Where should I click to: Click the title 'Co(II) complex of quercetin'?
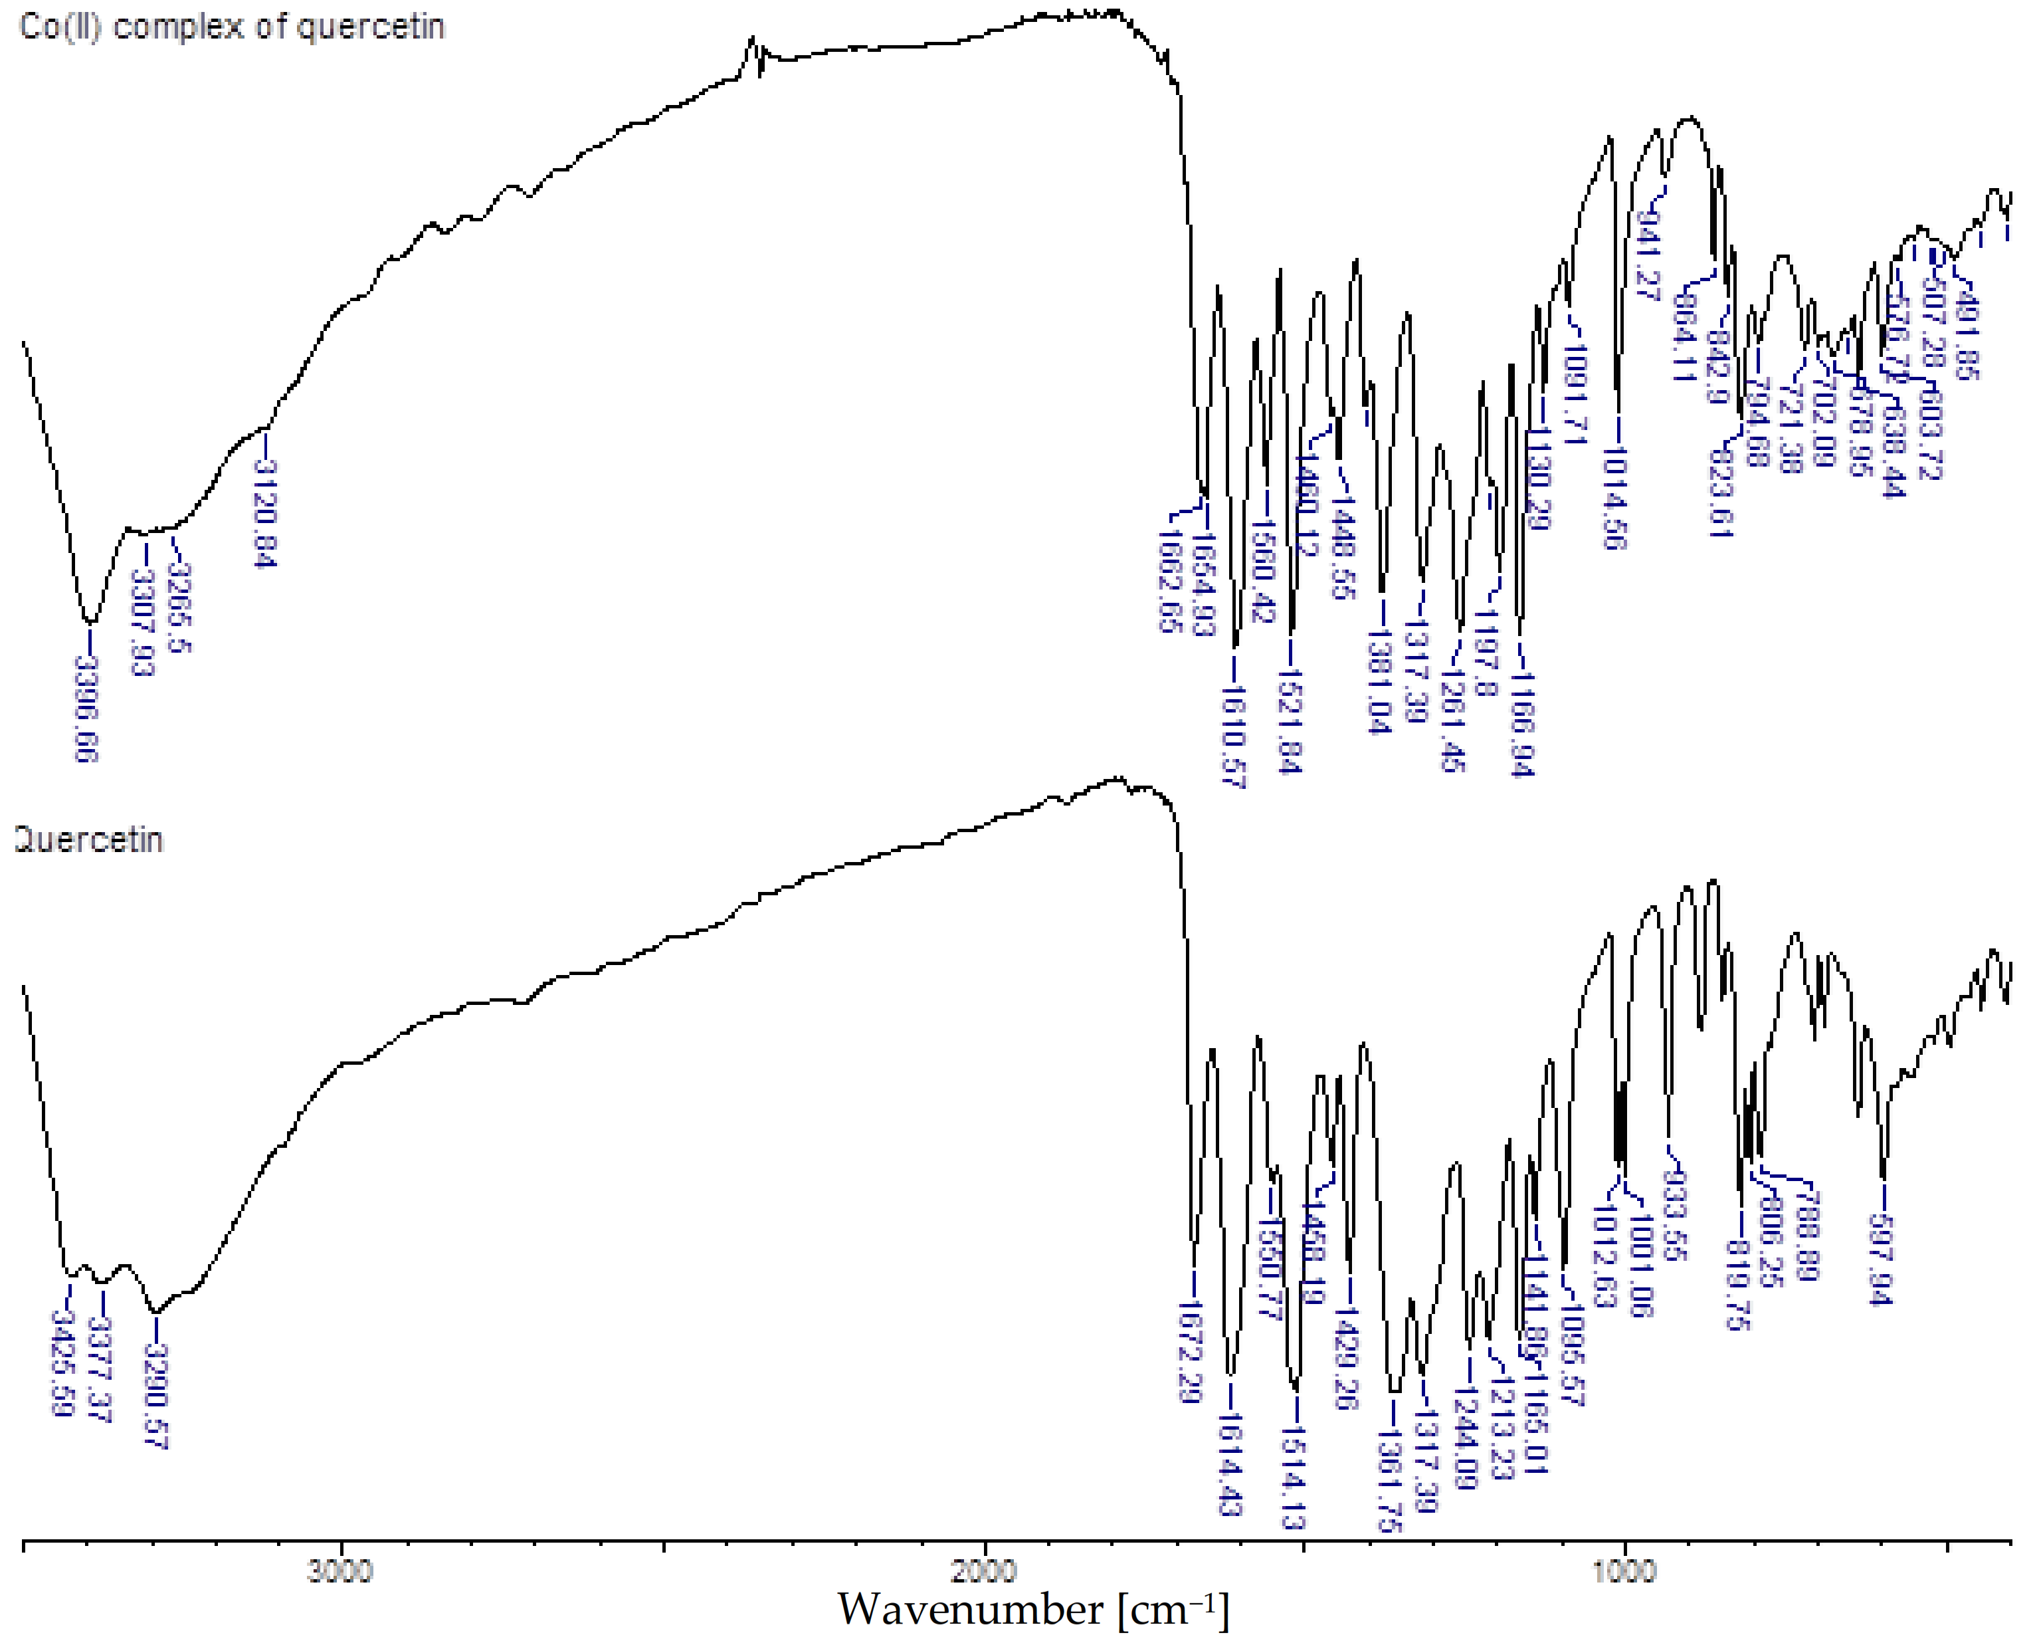(231, 27)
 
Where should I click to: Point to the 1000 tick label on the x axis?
(1624, 1572)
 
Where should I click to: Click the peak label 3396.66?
(87, 709)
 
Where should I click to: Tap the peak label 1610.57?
(1234, 737)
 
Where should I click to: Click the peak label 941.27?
(1648, 255)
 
